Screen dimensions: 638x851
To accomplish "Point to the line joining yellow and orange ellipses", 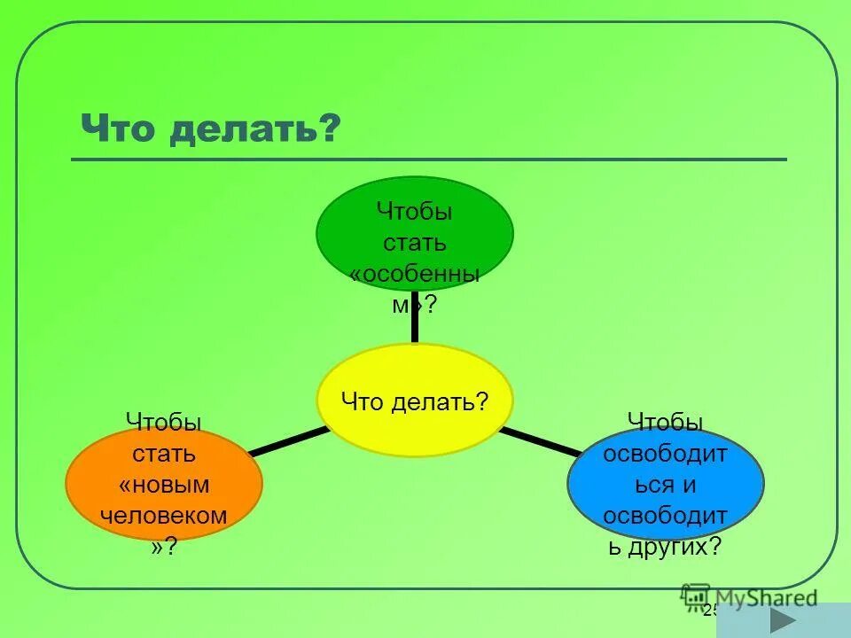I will click(288, 440).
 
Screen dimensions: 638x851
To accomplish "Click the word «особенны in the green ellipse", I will click(415, 275).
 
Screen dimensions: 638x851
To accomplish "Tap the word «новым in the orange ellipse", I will click(164, 484).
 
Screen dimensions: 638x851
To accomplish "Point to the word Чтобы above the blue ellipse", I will click(666, 423).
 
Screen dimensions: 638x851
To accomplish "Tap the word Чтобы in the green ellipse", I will click(415, 212).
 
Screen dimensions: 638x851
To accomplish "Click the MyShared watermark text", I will click(767, 598).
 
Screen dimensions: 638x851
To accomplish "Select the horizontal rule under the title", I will click(429, 159).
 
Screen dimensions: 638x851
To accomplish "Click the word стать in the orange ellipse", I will click(164, 454).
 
